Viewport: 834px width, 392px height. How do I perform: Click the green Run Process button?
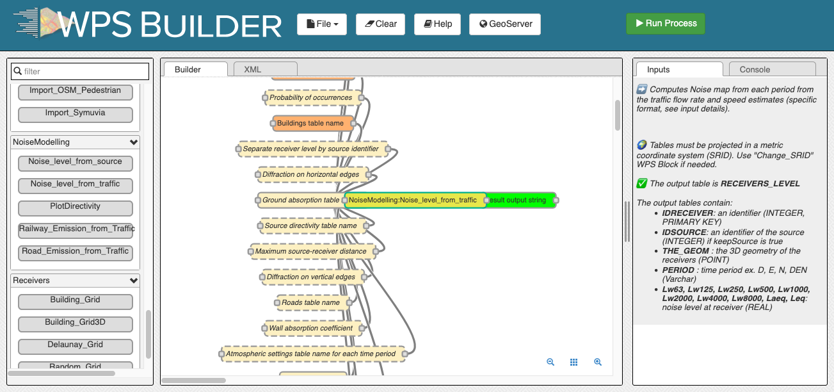click(x=665, y=24)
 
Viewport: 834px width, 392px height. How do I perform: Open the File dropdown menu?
click(x=322, y=24)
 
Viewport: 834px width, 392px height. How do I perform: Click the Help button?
click(x=437, y=24)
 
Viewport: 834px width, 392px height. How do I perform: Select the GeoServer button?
click(x=505, y=24)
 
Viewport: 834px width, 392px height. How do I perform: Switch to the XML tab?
click(x=266, y=69)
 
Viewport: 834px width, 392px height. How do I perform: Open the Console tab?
click(x=772, y=69)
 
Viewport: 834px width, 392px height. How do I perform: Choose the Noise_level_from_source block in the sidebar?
click(x=76, y=163)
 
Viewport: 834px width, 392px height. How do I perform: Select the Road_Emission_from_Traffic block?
click(x=76, y=252)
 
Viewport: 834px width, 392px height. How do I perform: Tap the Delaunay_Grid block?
click(x=76, y=346)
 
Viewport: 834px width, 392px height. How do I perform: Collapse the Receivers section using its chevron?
click(x=134, y=280)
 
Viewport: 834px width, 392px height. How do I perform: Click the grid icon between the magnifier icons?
click(x=573, y=362)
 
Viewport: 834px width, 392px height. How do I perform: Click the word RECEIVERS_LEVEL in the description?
click(x=760, y=184)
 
